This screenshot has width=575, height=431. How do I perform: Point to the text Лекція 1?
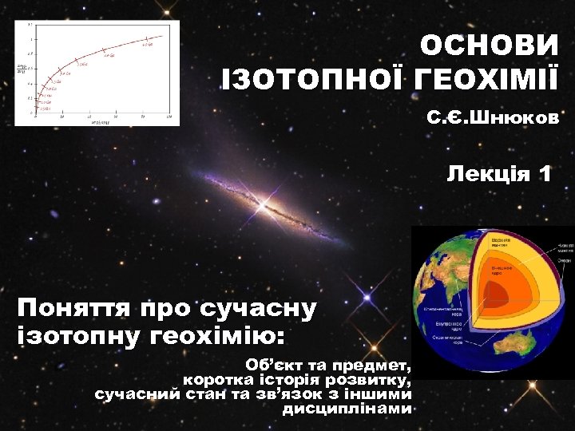point(499,174)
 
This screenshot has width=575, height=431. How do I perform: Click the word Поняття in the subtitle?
point(76,307)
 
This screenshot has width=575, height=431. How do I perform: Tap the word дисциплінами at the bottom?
point(347,409)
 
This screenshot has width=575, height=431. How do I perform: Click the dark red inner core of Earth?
point(496,294)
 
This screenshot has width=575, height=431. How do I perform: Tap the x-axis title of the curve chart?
point(100,123)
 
